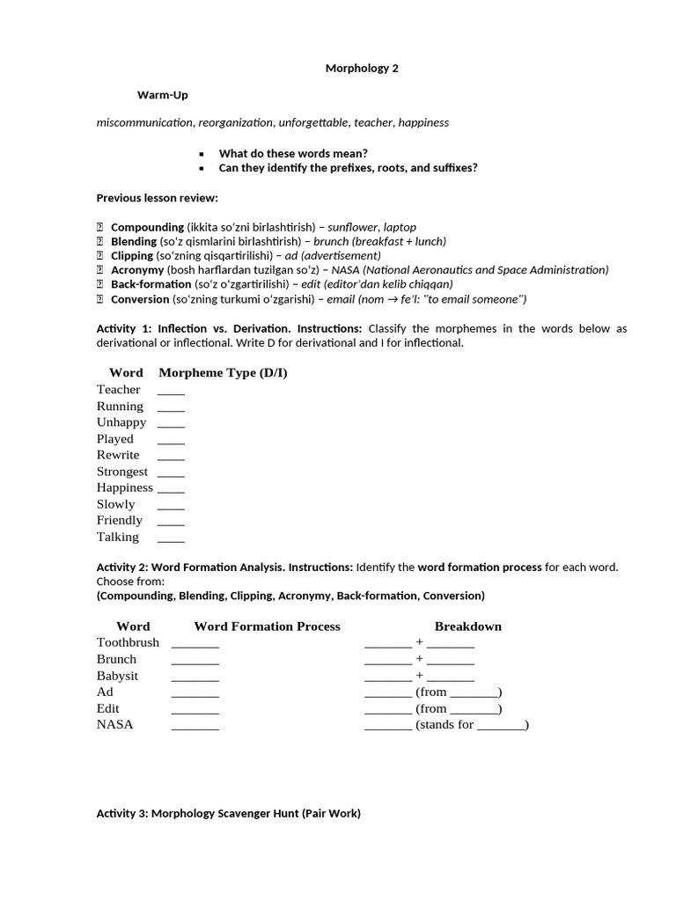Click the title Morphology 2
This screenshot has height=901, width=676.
click(x=362, y=68)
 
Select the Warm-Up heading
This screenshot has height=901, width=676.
click(x=162, y=94)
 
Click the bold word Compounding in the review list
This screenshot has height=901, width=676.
click(x=147, y=227)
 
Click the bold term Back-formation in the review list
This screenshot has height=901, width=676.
click(x=151, y=284)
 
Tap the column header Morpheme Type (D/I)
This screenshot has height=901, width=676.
click(x=223, y=372)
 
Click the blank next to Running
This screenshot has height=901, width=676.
click(x=171, y=407)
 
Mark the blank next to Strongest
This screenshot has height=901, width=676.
click(x=171, y=472)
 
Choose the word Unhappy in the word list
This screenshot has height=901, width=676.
click(x=121, y=421)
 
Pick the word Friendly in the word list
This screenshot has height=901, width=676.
click(x=120, y=520)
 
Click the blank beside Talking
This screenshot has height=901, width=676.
click(x=171, y=538)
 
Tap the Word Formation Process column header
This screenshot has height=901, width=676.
click(x=267, y=626)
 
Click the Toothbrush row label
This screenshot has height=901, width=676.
click(x=128, y=642)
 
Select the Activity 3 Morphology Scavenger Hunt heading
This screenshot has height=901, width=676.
click(x=228, y=814)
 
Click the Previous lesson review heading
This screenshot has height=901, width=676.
click(x=157, y=197)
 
